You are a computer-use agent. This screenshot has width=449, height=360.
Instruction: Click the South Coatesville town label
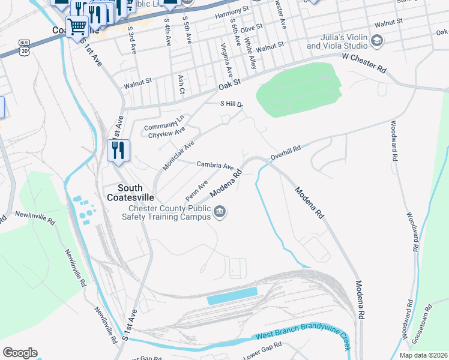click(130, 192)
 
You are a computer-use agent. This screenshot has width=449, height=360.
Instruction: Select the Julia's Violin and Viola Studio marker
click(377, 41)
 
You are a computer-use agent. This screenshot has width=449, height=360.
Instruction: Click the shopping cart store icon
click(77, 27)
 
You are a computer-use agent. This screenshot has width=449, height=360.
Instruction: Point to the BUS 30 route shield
click(24, 47)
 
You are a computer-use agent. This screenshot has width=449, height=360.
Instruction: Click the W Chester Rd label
click(364, 63)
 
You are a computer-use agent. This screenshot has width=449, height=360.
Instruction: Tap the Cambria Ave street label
click(215, 165)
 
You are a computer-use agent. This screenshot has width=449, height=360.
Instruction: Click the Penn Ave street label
click(196, 191)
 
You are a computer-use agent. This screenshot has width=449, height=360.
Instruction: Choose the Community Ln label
click(163, 127)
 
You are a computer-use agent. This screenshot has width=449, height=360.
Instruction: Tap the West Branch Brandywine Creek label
click(303, 339)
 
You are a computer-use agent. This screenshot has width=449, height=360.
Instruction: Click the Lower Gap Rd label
click(262, 349)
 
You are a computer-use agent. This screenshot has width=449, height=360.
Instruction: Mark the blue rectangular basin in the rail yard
click(232, 298)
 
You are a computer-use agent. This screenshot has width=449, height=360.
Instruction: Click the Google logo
click(20, 353)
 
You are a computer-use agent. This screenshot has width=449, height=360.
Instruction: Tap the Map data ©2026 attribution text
click(423, 355)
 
